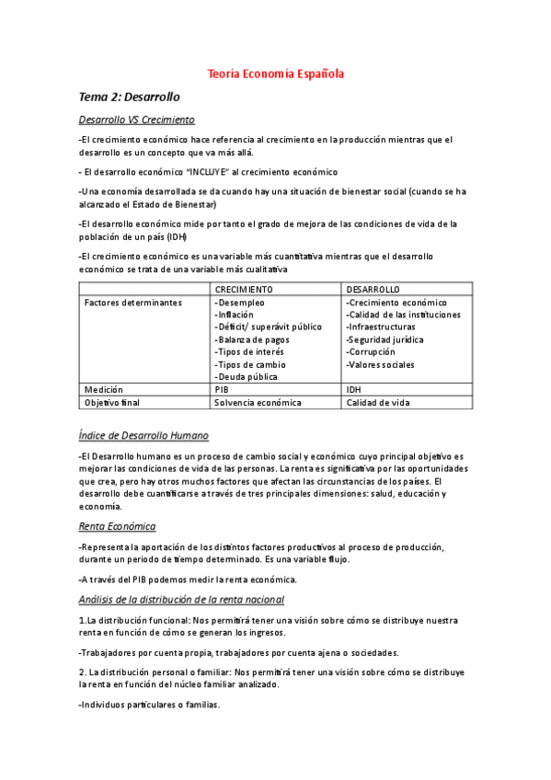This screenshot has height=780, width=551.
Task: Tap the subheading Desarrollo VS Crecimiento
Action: pyautogui.click(x=136, y=120)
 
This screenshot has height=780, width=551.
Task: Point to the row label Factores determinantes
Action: pyautogui.click(x=132, y=303)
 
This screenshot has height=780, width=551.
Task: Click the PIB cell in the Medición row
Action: pyautogui.click(x=222, y=389)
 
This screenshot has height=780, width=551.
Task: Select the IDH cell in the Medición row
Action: pyautogui.click(x=353, y=389)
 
